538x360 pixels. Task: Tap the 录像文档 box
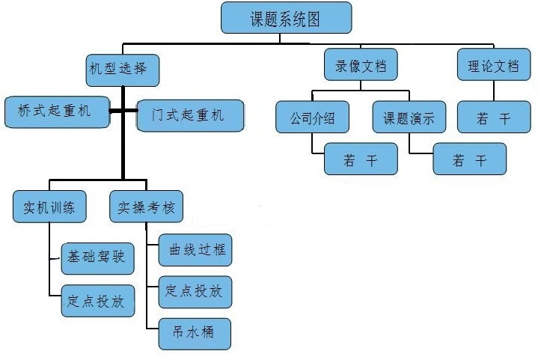click(x=361, y=65)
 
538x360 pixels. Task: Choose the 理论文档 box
click(x=493, y=65)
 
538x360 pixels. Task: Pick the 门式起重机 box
click(x=190, y=115)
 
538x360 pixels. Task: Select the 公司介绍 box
click(x=311, y=118)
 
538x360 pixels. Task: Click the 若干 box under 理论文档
click(x=494, y=118)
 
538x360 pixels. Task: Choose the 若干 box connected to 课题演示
click(x=469, y=159)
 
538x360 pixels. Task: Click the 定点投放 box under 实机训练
click(x=97, y=301)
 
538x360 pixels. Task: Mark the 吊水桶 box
click(x=195, y=332)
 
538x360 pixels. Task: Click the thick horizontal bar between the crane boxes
click(x=123, y=112)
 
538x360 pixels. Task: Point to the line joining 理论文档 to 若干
click(x=494, y=91)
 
